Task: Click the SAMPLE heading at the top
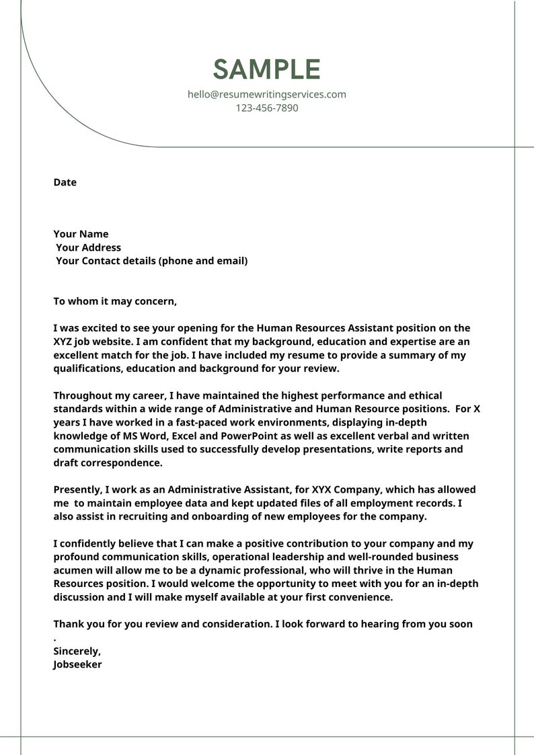click(x=267, y=70)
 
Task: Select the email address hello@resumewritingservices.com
click(x=267, y=95)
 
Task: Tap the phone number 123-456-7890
click(x=267, y=108)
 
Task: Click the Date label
click(x=65, y=183)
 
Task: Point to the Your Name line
click(x=81, y=235)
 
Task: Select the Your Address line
click(x=88, y=248)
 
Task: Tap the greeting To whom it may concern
click(x=115, y=302)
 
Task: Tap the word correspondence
click(x=120, y=463)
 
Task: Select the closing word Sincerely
click(x=77, y=651)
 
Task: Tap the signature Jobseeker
click(x=77, y=665)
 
